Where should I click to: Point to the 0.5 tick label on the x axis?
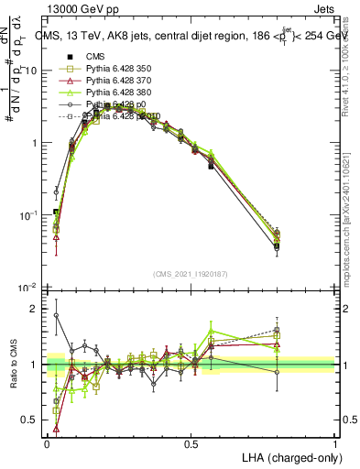(x=191, y=443)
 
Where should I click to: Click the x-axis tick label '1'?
(x=334, y=443)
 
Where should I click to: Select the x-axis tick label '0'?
(x=47, y=443)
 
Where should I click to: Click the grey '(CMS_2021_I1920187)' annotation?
(x=191, y=274)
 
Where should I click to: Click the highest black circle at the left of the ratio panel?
(x=56, y=315)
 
